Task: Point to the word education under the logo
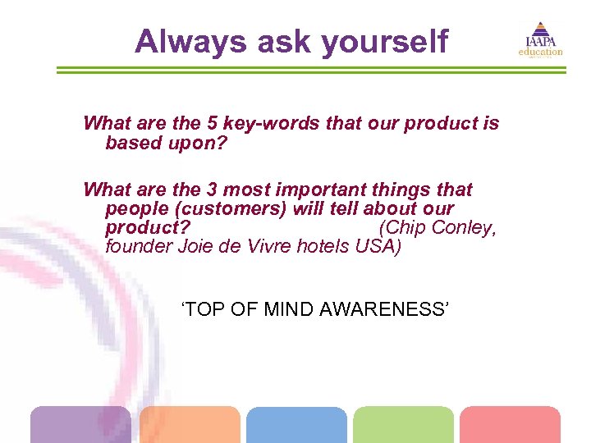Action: click(540, 53)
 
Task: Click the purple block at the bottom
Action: click(80, 424)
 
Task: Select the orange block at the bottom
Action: click(190, 424)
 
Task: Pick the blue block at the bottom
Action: click(296, 424)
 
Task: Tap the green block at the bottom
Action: click(403, 424)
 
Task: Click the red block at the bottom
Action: click(510, 424)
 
